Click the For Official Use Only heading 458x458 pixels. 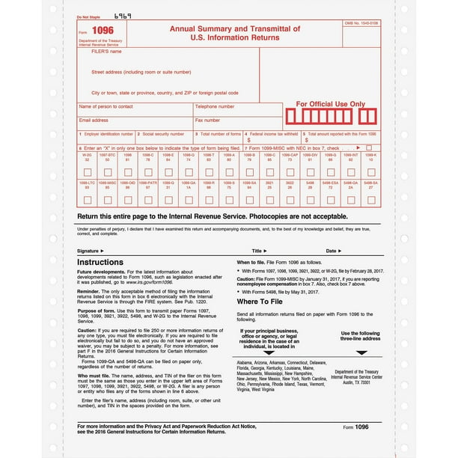pos(330,104)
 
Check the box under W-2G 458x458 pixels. pos(87,172)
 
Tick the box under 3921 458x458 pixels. pos(270,200)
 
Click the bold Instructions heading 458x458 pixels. pos(100,262)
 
